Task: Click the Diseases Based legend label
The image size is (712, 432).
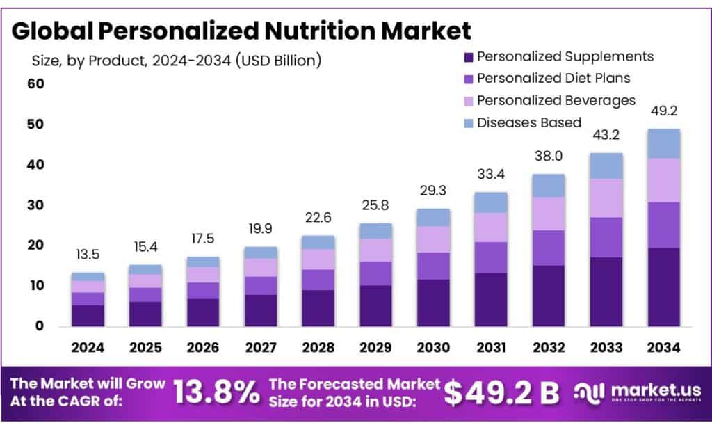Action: [x=528, y=122]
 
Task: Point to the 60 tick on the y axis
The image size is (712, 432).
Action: [x=35, y=84]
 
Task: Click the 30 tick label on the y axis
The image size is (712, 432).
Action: [x=35, y=205]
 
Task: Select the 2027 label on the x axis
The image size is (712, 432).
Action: [x=261, y=346]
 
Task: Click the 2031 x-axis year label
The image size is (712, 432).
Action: [x=492, y=346]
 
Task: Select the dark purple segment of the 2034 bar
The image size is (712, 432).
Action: [x=664, y=287]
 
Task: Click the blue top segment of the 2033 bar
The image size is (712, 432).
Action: [x=606, y=166]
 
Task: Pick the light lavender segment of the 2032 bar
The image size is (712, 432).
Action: [x=549, y=213]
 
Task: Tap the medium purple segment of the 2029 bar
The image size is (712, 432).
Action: [x=375, y=273]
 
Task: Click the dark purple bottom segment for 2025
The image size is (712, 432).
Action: [x=145, y=313]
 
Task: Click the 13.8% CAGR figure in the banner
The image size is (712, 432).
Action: [x=215, y=393]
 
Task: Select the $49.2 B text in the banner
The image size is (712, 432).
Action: [x=501, y=393]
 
